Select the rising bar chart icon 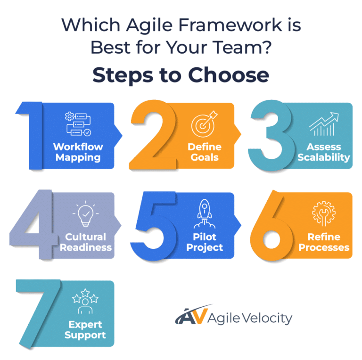(x=324, y=124)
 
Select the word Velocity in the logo (x=267, y=319)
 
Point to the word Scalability (x=324, y=157)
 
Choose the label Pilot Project (x=204, y=242)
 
